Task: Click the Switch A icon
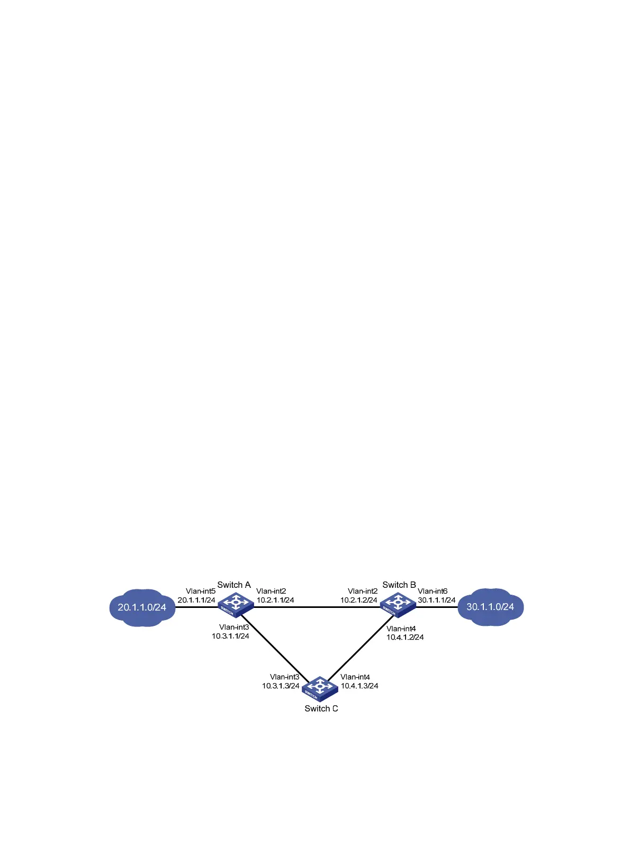236,604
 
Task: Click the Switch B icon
398,604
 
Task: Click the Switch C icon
320,688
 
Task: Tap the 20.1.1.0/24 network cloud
142,607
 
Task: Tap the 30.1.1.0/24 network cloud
490,607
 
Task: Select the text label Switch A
233,585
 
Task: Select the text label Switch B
399,585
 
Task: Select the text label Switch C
321,708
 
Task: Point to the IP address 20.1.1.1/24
196,600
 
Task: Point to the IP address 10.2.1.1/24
275,600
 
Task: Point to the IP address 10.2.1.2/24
358,600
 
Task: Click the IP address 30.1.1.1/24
437,600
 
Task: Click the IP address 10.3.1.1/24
230,636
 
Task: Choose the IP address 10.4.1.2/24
405,637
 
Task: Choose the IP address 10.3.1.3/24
281,686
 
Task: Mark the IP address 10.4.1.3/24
359,686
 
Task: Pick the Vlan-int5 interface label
201,591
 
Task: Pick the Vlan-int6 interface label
433,591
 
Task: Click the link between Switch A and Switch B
318,607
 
